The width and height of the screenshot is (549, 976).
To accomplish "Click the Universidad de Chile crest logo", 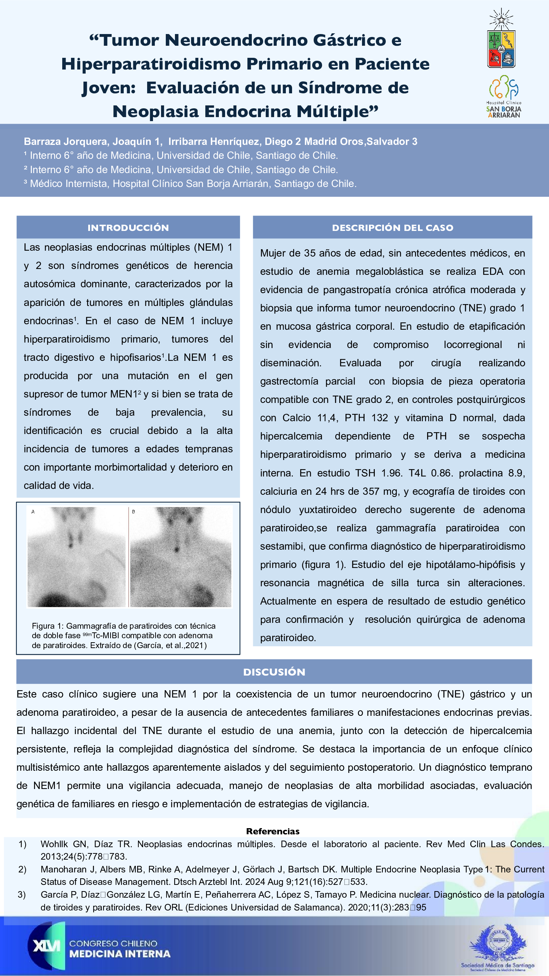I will (x=501, y=40).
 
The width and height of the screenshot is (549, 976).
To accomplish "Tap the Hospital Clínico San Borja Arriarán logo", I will (x=504, y=96).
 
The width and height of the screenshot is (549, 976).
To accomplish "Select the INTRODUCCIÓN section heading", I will (x=128, y=228).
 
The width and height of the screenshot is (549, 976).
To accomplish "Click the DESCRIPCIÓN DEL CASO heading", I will (x=392, y=228).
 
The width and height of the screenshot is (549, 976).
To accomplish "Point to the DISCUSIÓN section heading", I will (x=274, y=672).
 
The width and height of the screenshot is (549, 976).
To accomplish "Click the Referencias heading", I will (x=273, y=831).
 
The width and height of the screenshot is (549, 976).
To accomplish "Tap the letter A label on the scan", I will (x=33, y=512).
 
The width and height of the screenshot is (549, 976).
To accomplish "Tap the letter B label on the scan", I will (x=133, y=512).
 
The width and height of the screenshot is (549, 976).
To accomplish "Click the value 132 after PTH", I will (x=380, y=418).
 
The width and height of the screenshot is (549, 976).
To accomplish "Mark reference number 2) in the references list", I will (x=22, y=869).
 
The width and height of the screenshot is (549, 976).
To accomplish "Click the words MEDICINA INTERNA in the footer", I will (x=120, y=954).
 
